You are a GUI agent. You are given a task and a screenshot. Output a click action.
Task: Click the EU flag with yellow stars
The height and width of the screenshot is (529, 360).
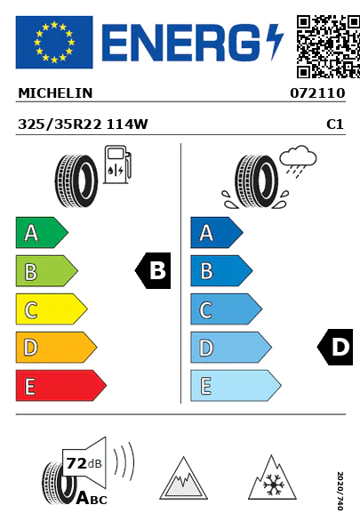(x=54, y=42)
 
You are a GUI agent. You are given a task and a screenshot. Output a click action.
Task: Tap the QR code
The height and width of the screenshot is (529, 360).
(x=328, y=46)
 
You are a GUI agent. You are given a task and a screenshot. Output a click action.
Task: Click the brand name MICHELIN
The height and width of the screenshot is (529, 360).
(x=55, y=93)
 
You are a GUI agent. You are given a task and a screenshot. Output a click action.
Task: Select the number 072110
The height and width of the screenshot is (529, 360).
(x=317, y=93)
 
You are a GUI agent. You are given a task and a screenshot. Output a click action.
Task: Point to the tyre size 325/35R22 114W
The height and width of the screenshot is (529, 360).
(x=83, y=124)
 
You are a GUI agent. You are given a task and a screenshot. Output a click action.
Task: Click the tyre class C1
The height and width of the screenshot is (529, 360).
(x=335, y=124)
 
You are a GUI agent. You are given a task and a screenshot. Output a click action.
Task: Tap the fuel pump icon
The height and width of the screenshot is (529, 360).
(x=117, y=164)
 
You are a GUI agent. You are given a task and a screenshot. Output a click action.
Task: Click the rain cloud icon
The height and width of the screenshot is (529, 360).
(x=298, y=161)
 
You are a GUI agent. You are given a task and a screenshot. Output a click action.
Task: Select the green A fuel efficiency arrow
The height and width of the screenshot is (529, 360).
(x=42, y=232)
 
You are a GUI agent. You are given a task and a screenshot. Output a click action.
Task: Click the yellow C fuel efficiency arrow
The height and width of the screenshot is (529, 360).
(x=52, y=309)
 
